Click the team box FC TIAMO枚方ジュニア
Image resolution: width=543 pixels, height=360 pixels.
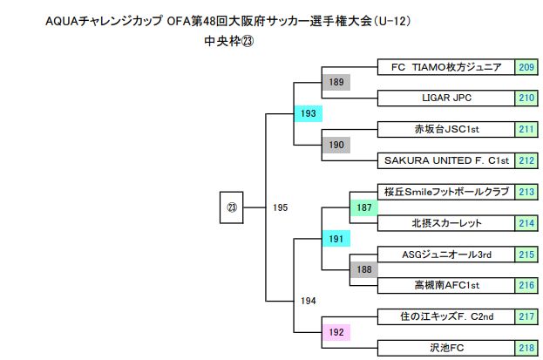pos(446,67)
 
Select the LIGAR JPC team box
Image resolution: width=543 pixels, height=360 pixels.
pos(446,98)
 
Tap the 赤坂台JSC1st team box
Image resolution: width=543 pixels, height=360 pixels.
pos(446,129)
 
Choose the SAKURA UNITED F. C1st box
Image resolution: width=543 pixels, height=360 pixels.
pos(446,160)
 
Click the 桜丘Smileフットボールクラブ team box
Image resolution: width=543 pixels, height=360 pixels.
pos(446,192)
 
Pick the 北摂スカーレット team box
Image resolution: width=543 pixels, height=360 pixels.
pos(446,222)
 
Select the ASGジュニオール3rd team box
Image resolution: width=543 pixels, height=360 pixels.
pos(446,254)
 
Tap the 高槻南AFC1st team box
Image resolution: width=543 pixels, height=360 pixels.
pos(446,284)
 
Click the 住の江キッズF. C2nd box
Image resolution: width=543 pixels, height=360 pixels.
pos(446,316)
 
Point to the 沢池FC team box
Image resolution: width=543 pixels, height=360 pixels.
pos(446,347)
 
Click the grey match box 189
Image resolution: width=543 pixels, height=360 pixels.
pos(336,83)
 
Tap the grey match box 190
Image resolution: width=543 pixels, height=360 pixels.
pos(336,145)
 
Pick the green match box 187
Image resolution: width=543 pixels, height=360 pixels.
pos(363,207)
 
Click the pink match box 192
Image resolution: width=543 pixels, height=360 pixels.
pos(336,331)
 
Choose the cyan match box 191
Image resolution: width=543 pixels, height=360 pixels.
pos(336,238)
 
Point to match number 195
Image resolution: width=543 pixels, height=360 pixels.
pos(280,207)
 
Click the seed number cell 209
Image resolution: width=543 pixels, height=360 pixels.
pos(526,67)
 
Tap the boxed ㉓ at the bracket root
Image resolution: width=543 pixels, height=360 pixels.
pos(231,207)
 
